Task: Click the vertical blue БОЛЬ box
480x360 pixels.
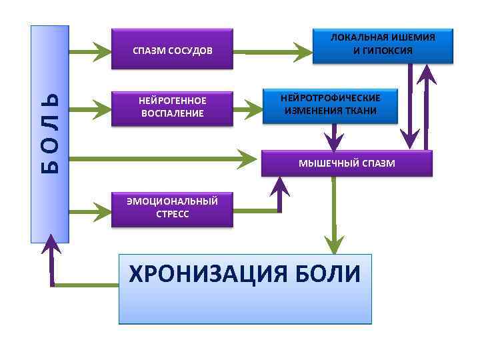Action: tap(49, 133)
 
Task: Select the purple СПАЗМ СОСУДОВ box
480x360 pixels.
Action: tap(172, 49)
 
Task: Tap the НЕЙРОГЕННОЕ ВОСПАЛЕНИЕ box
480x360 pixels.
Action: tap(172, 107)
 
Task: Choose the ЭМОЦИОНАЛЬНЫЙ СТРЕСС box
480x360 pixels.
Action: tap(172, 209)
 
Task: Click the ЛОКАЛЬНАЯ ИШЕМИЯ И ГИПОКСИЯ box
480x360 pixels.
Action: tap(383, 45)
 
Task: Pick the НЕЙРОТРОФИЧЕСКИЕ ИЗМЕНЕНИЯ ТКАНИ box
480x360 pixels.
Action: tap(330, 105)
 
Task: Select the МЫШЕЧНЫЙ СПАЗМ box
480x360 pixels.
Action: tap(347, 163)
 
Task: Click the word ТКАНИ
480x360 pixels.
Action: tap(360, 111)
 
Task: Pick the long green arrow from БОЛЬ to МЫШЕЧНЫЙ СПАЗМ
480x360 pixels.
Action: tap(160, 159)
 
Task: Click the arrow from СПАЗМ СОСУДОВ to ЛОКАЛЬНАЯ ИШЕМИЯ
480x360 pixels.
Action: tap(273, 50)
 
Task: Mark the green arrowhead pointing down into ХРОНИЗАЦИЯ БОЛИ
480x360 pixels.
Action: tap(334, 241)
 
